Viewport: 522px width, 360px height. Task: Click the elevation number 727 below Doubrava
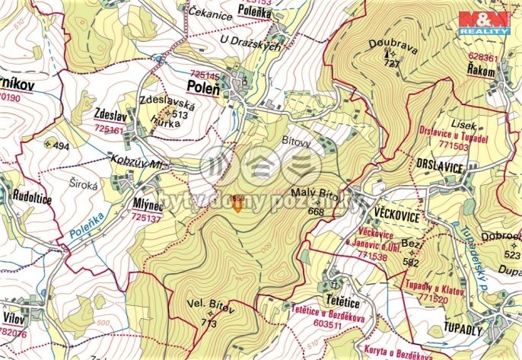pos(392,64)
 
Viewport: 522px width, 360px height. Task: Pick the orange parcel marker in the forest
pos(237,203)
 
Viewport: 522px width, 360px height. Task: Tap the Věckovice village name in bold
pos(396,216)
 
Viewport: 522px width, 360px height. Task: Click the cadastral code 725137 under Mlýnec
pos(147,218)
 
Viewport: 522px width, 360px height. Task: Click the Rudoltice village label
pos(32,196)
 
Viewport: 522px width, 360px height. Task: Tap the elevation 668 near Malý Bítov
pos(317,211)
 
